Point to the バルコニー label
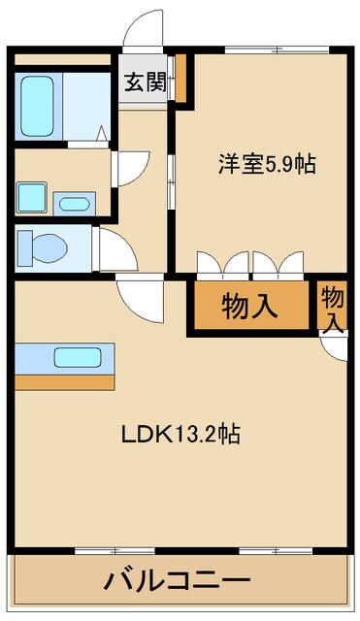tap(178, 584)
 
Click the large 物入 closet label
tap(250, 306)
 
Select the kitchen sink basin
tap(77, 356)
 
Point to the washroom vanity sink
tap(74, 204)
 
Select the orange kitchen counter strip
tap(64, 381)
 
